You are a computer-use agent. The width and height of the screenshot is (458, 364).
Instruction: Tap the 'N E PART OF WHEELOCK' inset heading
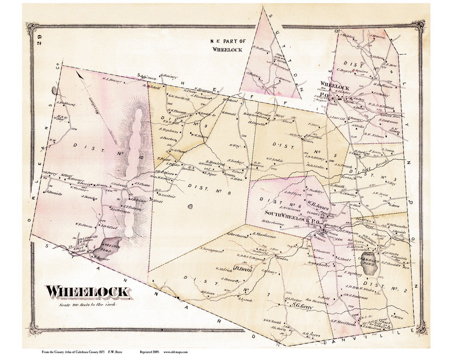click(227, 45)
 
